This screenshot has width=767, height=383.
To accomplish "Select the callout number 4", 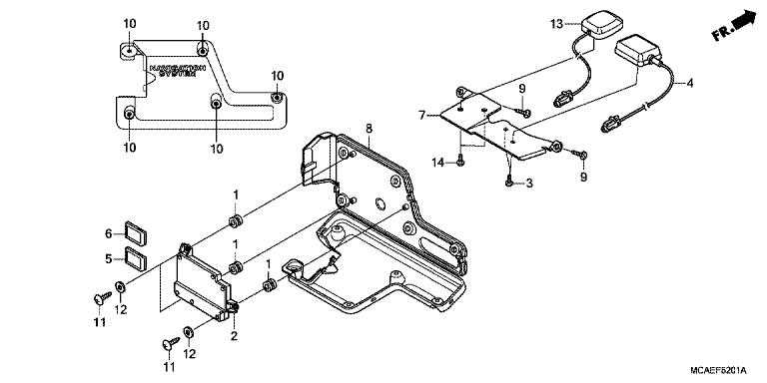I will coord(689,83).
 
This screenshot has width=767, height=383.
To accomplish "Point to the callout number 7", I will coord(422,116).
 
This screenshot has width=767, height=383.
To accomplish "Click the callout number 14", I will coord(436,162).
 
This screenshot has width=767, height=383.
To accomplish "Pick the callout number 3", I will coord(529,184).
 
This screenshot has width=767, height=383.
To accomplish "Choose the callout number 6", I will coord(110,233).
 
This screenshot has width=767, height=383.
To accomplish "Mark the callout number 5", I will coord(110,257).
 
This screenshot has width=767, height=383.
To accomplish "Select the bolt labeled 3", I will coord(509,181).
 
